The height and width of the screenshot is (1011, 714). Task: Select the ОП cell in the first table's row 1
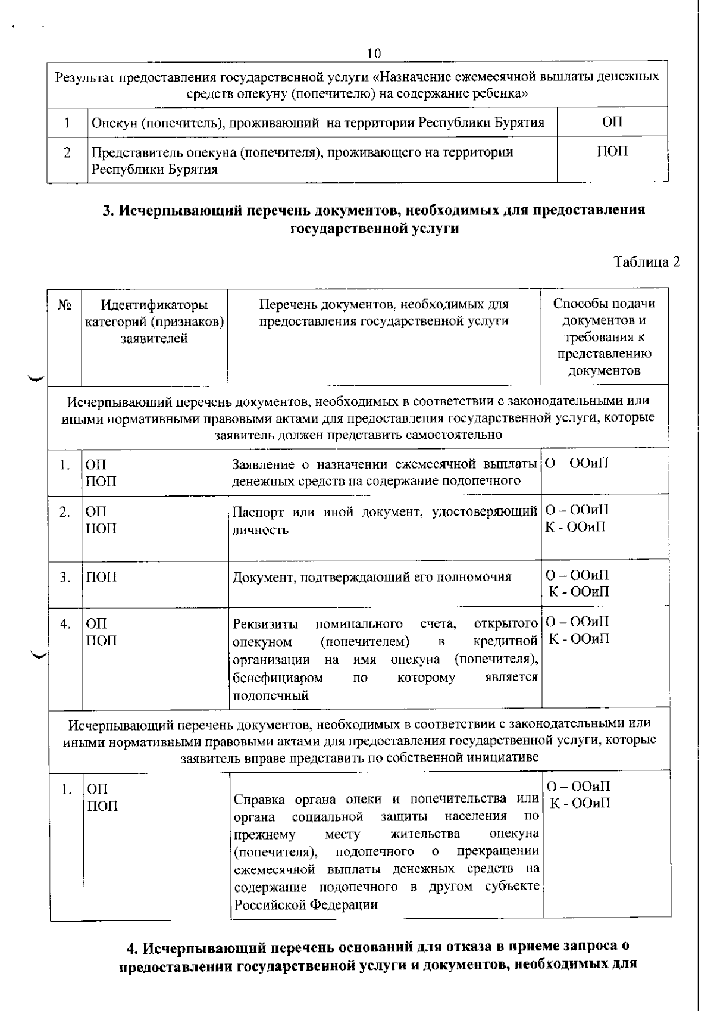[x=612, y=122]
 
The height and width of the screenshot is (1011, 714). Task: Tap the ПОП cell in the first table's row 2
[x=612, y=152]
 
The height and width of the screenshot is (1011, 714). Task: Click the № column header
[x=64, y=305]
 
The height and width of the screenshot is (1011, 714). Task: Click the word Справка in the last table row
[x=258, y=799]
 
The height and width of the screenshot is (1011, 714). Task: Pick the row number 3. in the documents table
[x=65, y=577]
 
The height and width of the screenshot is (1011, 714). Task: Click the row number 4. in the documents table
[x=65, y=624]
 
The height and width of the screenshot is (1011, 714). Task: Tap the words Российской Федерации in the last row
[x=306, y=905]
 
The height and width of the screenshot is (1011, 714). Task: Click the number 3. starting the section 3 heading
[x=108, y=210]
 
